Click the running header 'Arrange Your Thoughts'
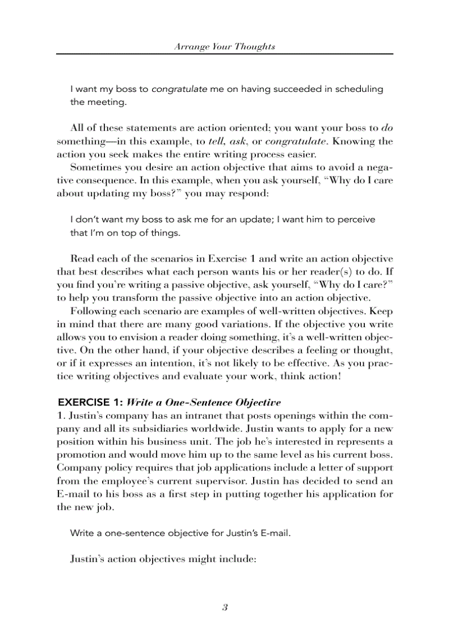coord(225,47)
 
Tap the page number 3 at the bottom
coord(225,608)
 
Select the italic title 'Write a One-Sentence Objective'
coord(203,403)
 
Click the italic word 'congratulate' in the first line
coord(179,89)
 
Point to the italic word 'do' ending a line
coord(388,128)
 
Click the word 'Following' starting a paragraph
coord(91,311)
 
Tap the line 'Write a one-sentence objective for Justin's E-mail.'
coord(180,533)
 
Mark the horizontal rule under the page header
coord(225,54)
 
